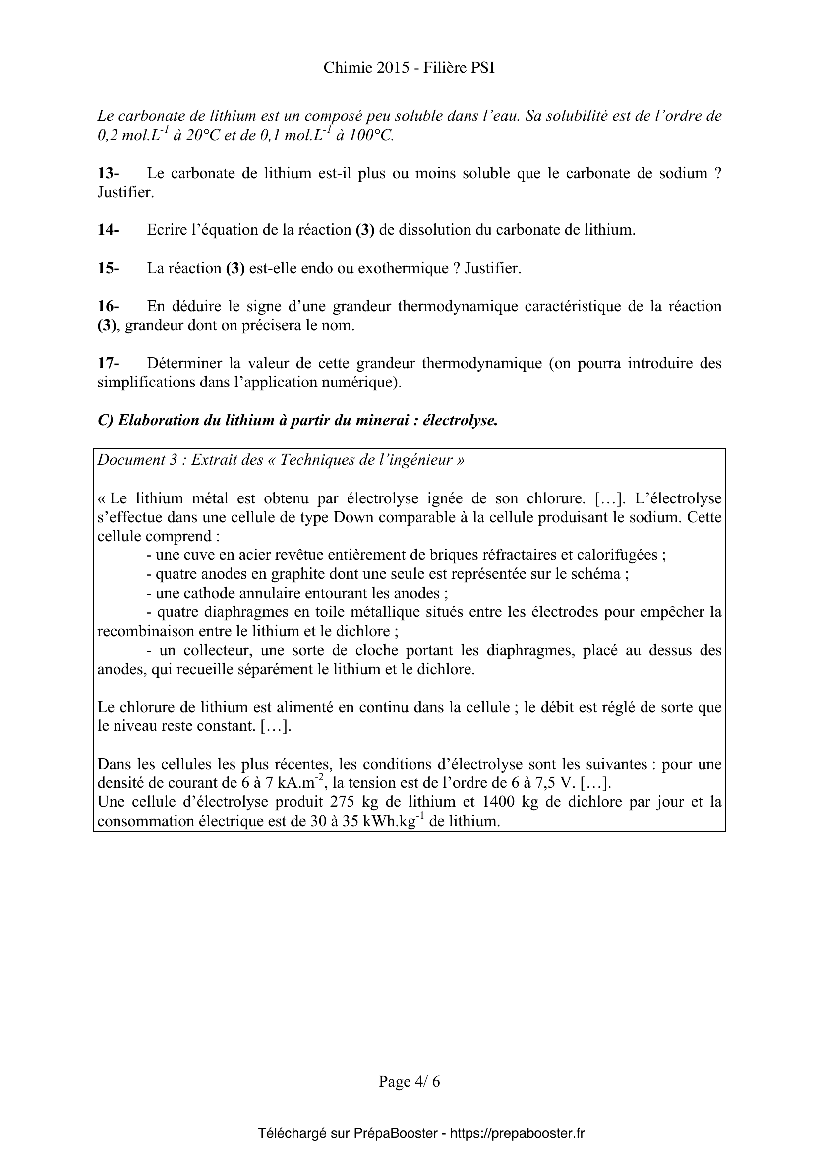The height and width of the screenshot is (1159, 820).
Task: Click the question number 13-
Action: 108,173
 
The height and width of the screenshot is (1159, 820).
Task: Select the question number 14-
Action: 108,230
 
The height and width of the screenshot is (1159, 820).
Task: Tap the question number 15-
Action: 108,268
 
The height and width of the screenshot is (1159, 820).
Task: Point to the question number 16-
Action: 108,306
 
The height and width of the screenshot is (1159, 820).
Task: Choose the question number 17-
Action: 108,363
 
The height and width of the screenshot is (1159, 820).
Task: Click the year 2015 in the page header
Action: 393,68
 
